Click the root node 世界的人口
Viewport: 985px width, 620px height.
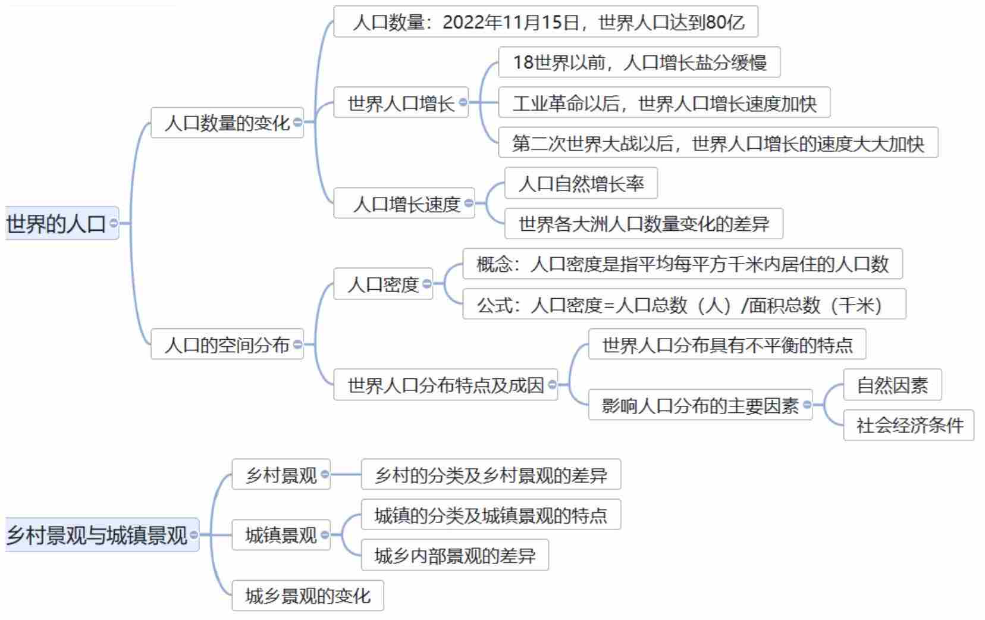[x=57, y=224]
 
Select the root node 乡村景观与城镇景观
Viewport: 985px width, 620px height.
[x=97, y=535]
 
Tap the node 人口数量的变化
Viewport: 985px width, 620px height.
[x=227, y=123]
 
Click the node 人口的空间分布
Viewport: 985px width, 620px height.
[x=227, y=345]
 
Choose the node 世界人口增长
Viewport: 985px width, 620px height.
[x=400, y=103]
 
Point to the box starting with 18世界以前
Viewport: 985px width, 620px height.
[x=639, y=62]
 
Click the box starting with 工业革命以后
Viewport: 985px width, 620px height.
[x=664, y=104]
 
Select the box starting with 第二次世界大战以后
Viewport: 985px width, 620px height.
[x=717, y=143]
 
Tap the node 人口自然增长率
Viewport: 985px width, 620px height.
[x=581, y=183]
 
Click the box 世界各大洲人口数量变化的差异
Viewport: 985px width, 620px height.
[x=644, y=224]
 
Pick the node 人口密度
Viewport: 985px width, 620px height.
[x=382, y=284]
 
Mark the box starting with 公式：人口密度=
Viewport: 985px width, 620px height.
[x=683, y=305]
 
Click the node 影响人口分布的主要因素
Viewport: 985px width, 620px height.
[x=699, y=405]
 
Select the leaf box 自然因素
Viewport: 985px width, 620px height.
[x=892, y=385]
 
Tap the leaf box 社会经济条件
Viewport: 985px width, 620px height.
[x=908, y=425]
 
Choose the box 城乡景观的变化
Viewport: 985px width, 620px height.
[x=308, y=596]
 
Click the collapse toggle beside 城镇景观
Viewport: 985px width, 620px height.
[x=325, y=535]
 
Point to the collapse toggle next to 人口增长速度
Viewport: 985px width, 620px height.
[x=469, y=203]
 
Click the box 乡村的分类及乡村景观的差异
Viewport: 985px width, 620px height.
[x=491, y=475]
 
